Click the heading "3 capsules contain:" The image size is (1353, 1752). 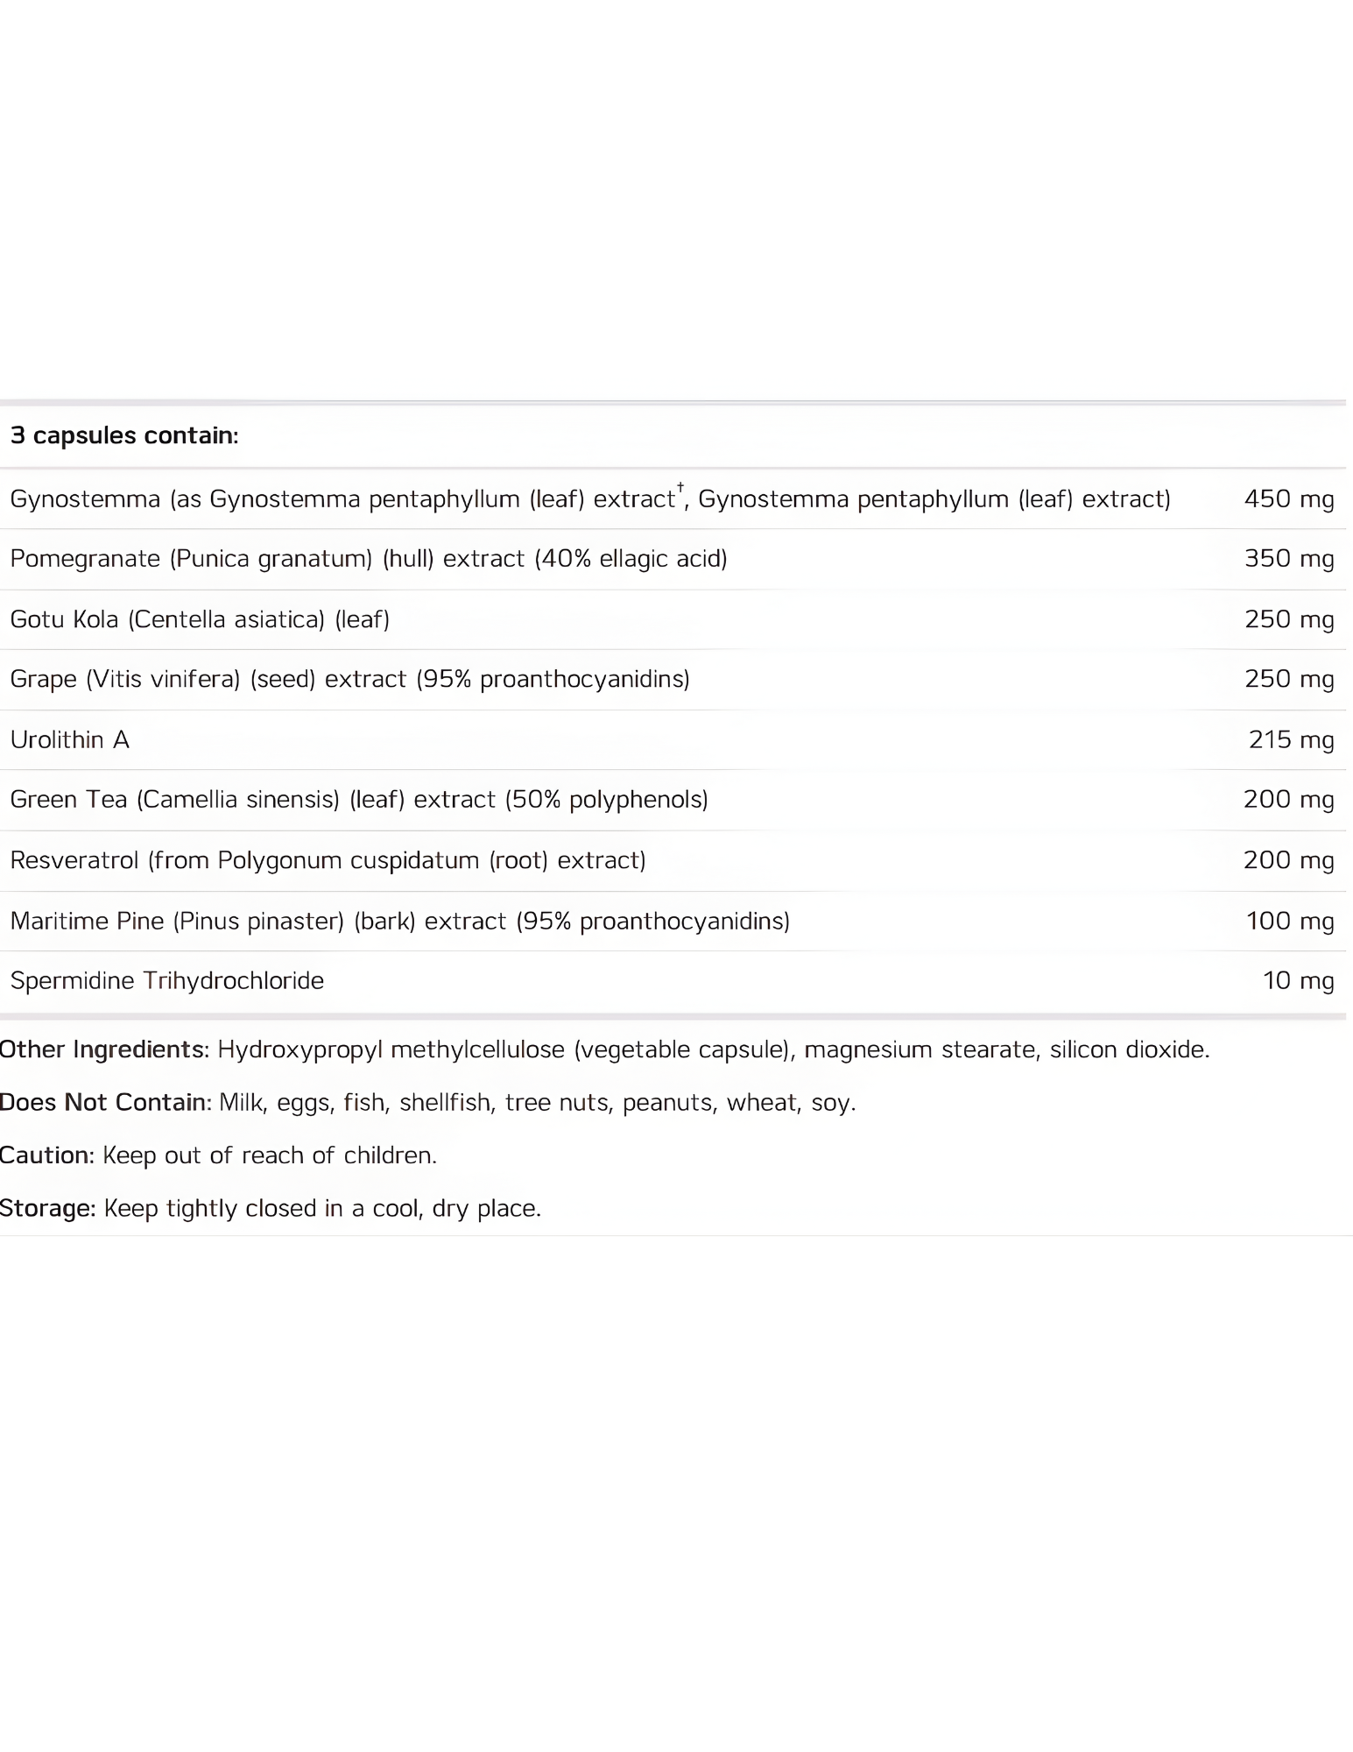pos(124,435)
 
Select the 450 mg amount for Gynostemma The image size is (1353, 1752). pos(1289,498)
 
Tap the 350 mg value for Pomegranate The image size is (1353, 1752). pos(1289,558)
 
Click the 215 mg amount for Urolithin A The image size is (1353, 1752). pos(1291,739)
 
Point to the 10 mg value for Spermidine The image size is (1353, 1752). pos(1298,980)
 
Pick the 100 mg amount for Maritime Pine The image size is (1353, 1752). pos(1290,921)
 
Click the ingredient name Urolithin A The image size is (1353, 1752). pos(70,739)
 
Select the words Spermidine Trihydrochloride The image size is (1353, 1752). pos(167,980)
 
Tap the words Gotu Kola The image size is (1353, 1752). pos(64,619)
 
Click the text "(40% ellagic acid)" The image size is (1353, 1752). pos(631,558)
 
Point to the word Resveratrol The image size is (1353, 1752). pos(74,860)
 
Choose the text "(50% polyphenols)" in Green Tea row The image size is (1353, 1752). pos(607,799)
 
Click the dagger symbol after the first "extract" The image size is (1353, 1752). pos(680,487)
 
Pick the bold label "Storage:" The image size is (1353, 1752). pos(47,1208)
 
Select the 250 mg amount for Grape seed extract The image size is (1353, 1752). pos(1289,679)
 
